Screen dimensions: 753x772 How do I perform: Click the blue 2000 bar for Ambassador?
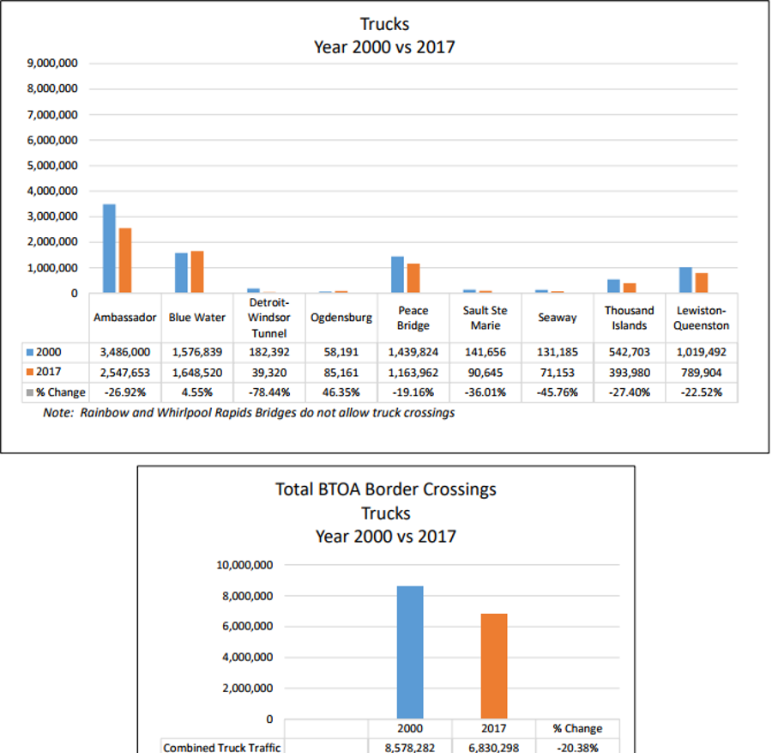point(109,249)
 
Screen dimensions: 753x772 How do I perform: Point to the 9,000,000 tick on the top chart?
point(55,64)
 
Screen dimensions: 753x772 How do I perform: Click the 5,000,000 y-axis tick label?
point(55,166)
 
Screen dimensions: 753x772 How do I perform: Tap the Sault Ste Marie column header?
point(486,318)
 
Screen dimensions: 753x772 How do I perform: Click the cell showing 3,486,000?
point(125,352)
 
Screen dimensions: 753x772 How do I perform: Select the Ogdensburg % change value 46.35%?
point(341,392)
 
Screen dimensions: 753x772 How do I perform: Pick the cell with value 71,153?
point(558,373)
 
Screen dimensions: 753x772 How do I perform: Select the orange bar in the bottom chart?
point(494,666)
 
